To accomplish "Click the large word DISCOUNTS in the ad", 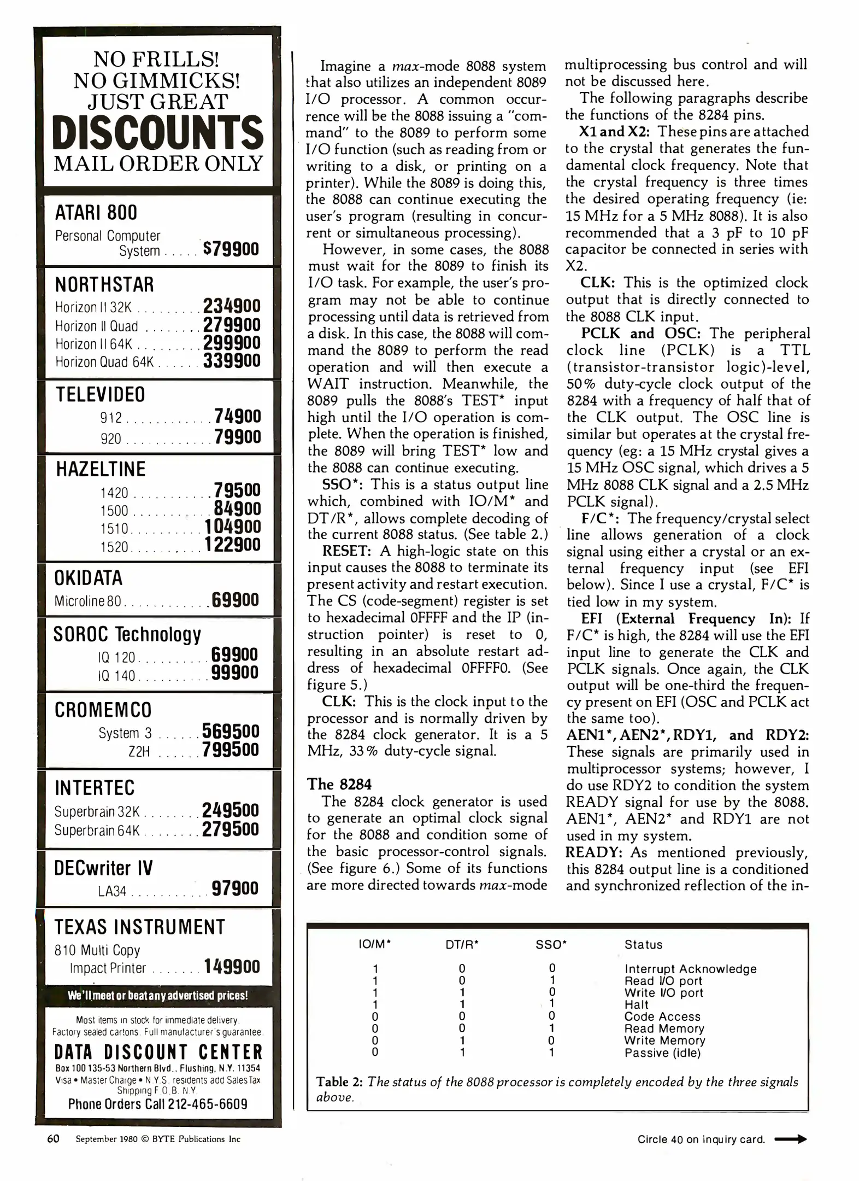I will (158, 133).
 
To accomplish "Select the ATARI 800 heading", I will (96, 213).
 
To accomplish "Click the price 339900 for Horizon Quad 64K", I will (232, 361).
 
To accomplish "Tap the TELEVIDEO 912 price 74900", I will (238, 417).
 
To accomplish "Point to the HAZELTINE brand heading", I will (101, 470).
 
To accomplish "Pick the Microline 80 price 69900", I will (235, 600).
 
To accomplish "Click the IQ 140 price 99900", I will (234, 673).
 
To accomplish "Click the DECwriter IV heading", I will (103, 868).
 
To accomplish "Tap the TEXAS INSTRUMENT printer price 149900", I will (232, 967).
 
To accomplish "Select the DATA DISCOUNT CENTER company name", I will (158, 1053).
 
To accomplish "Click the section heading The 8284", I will (339, 784).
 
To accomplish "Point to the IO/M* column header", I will (374, 945).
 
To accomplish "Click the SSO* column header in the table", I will (551, 945).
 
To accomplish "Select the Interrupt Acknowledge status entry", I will (690, 969).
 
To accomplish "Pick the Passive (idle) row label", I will (662, 1053).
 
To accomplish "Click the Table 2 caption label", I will (340, 1082).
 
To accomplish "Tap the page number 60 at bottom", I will (53, 1139).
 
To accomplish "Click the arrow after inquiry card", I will (791, 1139).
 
